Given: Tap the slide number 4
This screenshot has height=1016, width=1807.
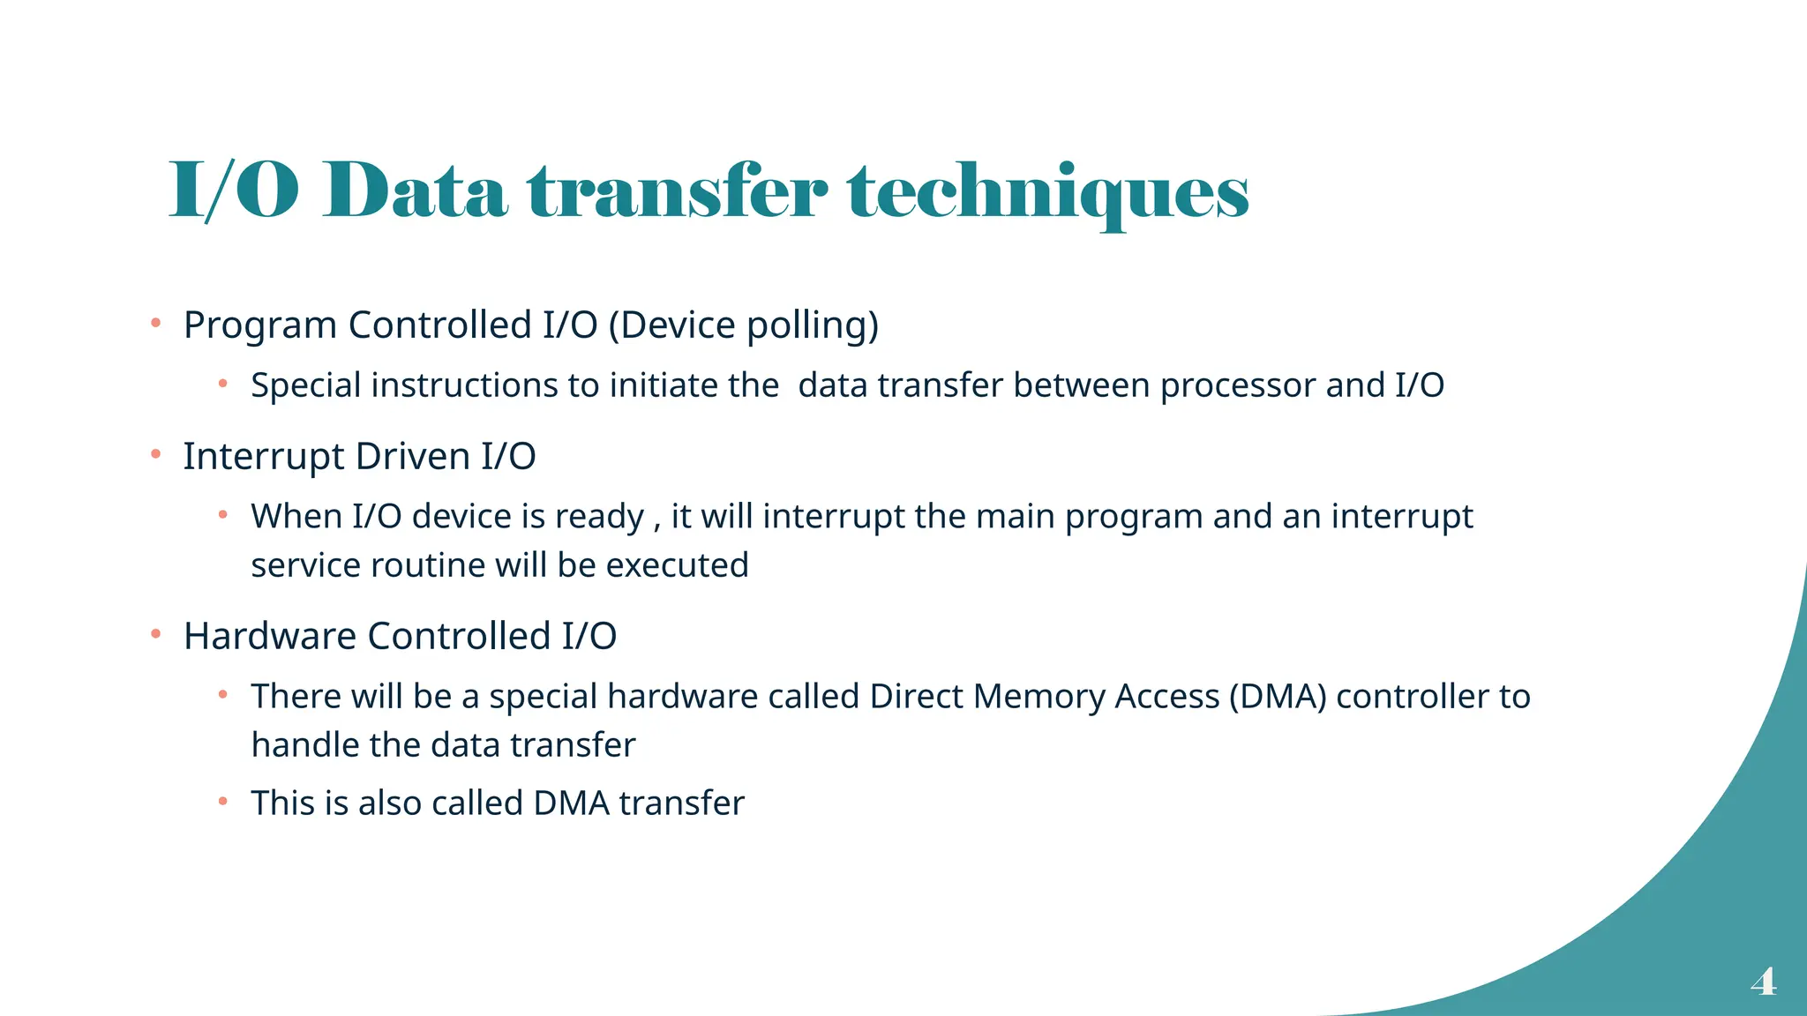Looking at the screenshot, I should [1763, 981].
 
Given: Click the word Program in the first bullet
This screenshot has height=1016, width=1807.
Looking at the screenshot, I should [260, 325].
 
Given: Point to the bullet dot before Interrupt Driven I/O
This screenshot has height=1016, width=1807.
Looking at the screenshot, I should [155, 455].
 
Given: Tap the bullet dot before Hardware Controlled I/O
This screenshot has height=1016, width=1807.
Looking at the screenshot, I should [155, 634].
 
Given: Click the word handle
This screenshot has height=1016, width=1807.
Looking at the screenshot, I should [305, 745].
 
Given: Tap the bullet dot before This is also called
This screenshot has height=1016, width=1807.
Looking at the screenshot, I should [223, 802].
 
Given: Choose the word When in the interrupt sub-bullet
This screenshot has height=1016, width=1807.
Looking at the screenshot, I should [296, 517].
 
